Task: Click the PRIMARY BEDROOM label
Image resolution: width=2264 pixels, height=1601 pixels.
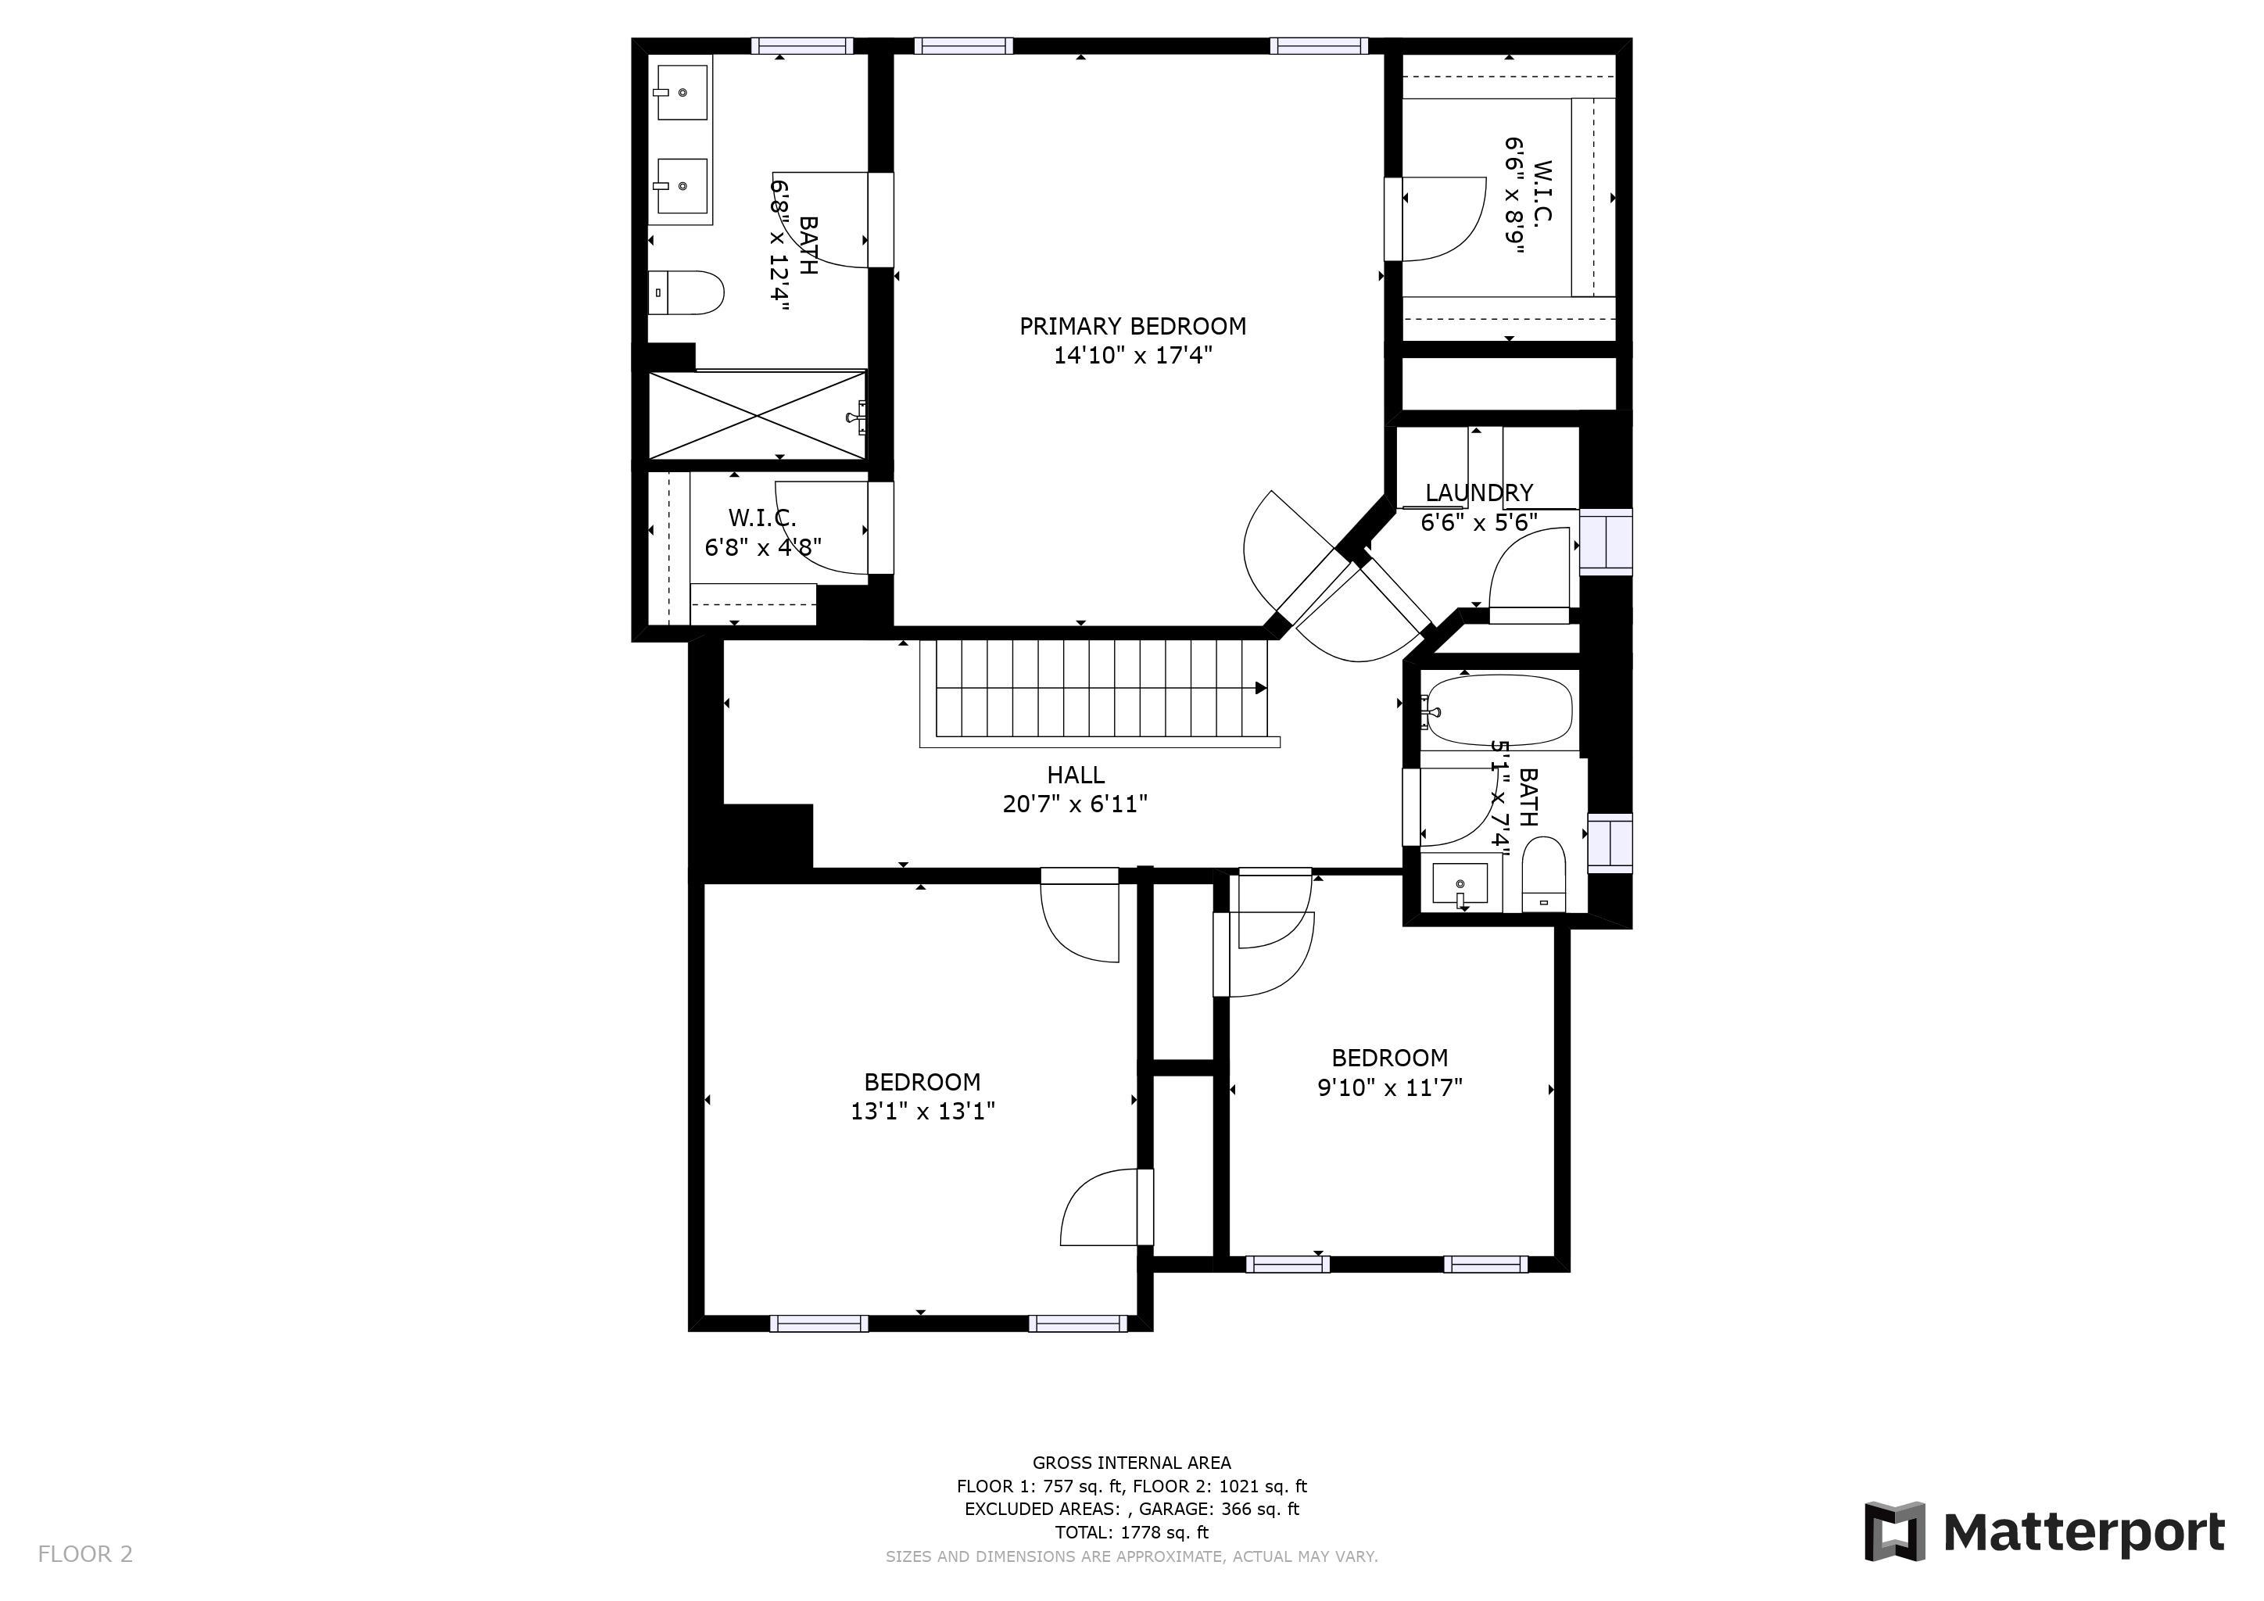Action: (1132, 326)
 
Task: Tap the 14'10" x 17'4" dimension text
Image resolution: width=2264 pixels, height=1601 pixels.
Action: (1132, 356)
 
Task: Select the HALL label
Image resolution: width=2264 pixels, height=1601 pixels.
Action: (1076, 775)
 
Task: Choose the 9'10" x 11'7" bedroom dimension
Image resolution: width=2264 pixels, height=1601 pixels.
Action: (1390, 1088)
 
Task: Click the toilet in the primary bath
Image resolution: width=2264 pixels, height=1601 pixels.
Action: (686, 293)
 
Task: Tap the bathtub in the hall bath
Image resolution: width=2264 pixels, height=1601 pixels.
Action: (1497, 710)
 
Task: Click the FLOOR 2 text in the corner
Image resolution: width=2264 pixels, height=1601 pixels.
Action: (84, 1555)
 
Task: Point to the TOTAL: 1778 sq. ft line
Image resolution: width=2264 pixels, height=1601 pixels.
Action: (1132, 1533)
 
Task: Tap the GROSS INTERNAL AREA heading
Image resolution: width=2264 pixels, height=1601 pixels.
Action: (1132, 1463)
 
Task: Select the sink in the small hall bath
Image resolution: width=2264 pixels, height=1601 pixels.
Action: (1461, 883)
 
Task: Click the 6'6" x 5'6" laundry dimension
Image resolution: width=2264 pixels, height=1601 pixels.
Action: (1479, 522)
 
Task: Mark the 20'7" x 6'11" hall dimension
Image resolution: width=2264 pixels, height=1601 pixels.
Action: (1076, 805)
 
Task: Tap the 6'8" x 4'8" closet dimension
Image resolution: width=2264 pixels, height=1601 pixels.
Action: (763, 547)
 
